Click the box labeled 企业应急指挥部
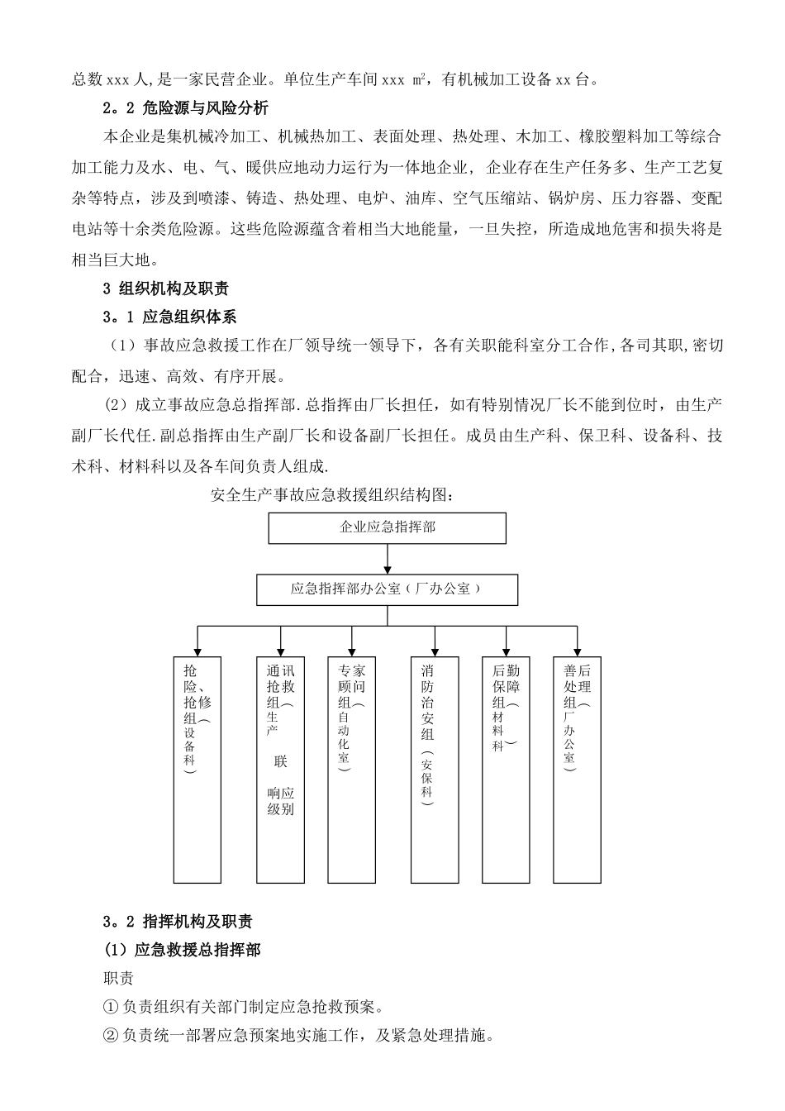[x=388, y=527]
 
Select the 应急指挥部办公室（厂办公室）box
[x=387, y=589]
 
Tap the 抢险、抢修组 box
[x=197, y=769]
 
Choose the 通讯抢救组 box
[x=281, y=769]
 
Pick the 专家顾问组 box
[x=352, y=769]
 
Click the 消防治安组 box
[x=435, y=769]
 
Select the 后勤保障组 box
[x=506, y=769]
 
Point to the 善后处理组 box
[x=577, y=769]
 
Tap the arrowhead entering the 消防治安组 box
[x=435, y=651]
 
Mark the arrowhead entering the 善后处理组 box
[x=577, y=651]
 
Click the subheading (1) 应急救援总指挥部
[x=182, y=950]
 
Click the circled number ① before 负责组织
[x=111, y=1007]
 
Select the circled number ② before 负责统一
[x=111, y=1035]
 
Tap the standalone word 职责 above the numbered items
[x=118, y=979]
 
